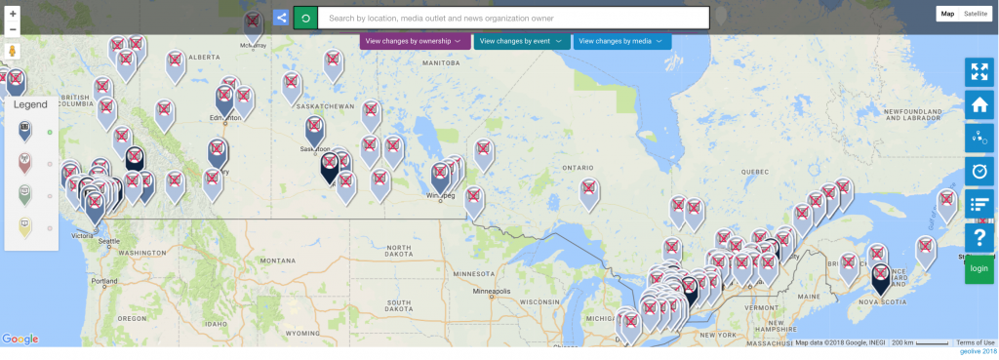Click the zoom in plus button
[x=13, y=14]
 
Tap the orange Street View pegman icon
[x=13, y=51]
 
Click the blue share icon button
[x=281, y=18]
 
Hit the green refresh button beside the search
[x=305, y=18]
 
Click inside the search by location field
[x=513, y=18]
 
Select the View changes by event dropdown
[x=521, y=41]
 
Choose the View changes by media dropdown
[x=621, y=41]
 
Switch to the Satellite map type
[x=976, y=14]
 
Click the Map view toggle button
[x=947, y=14]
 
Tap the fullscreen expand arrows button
[x=979, y=72]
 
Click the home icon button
[x=979, y=105]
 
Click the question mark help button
[x=979, y=237]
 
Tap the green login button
[x=979, y=268]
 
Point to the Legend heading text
[x=30, y=104]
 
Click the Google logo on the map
[x=20, y=339]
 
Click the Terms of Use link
[x=976, y=342]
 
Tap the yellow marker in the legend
[x=25, y=227]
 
